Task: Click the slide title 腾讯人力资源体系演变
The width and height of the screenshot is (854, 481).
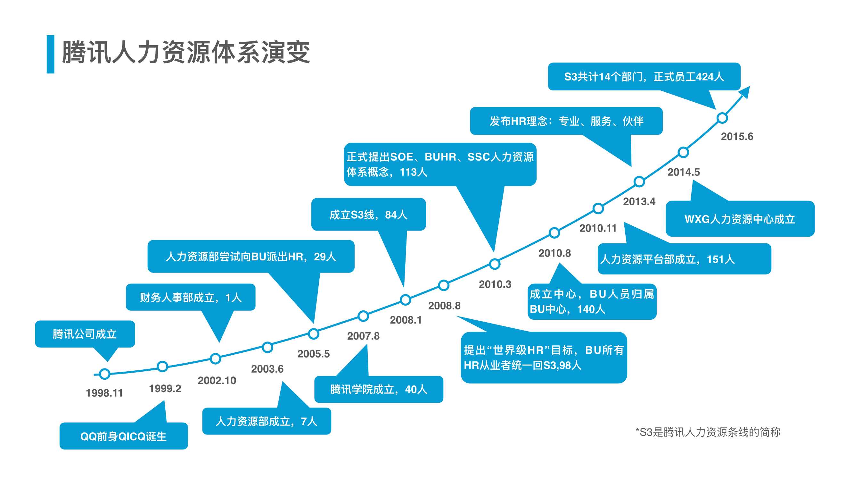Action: click(x=186, y=53)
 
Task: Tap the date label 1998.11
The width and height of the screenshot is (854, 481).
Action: click(x=104, y=393)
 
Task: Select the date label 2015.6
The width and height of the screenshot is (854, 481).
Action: click(x=737, y=136)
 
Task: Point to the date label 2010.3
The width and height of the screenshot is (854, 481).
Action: click(x=495, y=284)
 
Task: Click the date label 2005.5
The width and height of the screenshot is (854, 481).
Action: click(x=313, y=354)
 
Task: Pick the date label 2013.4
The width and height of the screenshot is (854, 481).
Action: click(x=639, y=201)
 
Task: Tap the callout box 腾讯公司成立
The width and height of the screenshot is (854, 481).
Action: click(x=85, y=334)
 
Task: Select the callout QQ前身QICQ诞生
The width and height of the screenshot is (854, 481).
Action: click(x=123, y=436)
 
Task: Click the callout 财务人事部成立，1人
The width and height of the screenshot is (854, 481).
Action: click(x=191, y=297)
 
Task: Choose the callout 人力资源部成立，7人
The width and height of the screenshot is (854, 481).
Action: click(x=267, y=421)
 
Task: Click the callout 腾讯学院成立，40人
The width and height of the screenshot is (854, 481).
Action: click(x=379, y=389)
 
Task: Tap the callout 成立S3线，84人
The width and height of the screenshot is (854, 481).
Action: click(x=368, y=215)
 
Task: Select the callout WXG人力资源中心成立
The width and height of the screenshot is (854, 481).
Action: click(x=740, y=219)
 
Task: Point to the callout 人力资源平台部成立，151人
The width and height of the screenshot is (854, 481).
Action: click(x=684, y=259)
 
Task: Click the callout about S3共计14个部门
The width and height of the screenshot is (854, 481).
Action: click(x=644, y=77)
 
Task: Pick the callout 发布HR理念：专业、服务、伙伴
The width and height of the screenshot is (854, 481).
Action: click(x=566, y=121)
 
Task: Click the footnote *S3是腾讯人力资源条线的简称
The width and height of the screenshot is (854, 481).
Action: click(x=708, y=432)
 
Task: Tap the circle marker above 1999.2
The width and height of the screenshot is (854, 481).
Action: click(x=162, y=367)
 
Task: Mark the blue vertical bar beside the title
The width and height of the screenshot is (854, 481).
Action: click(x=50, y=54)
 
